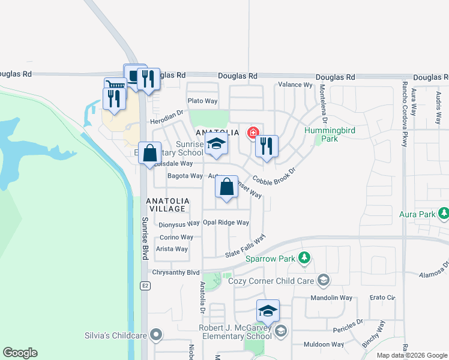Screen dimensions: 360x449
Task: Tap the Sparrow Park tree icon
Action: (x=304, y=259)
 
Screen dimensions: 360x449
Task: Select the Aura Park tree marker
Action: (x=444, y=213)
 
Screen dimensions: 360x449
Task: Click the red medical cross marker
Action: (x=253, y=132)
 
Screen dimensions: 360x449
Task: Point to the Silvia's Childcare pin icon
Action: (x=157, y=335)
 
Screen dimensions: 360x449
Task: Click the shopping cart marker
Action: (x=115, y=87)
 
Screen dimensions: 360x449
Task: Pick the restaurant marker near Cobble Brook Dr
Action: (x=267, y=145)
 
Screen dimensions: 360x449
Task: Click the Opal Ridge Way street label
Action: (x=226, y=223)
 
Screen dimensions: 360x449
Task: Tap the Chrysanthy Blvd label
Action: (x=175, y=272)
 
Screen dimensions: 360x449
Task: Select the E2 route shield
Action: (x=145, y=286)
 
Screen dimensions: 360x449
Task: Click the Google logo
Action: (x=20, y=353)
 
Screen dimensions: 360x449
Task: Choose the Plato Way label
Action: (x=202, y=101)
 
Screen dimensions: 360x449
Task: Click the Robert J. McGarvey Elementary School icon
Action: (x=280, y=331)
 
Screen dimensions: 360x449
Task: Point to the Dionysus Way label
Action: (x=178, y=225)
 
